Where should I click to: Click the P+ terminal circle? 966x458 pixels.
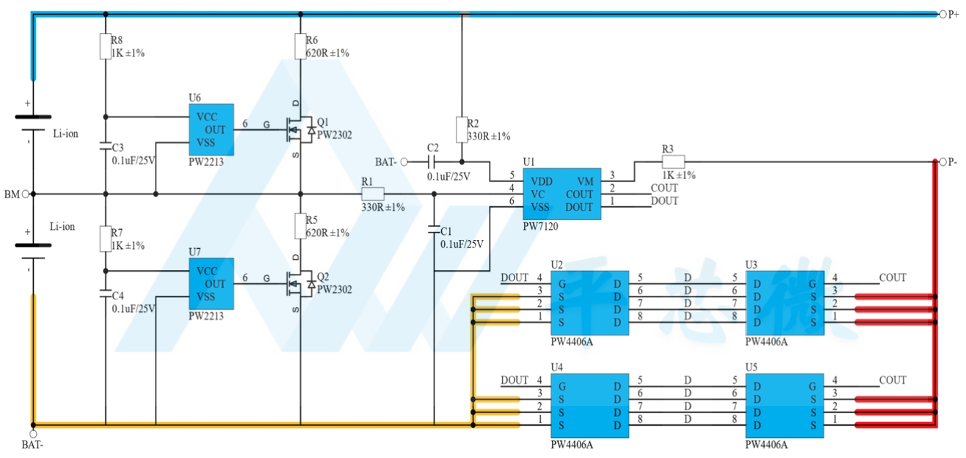click(x=943, y=14)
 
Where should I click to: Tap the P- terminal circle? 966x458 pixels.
click(x=943, y=162)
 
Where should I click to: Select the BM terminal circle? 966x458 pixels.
click(x=26, y=194)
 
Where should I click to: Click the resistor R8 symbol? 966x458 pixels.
click(x=105, y=46)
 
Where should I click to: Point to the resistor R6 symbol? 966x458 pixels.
click(x=300, y=46)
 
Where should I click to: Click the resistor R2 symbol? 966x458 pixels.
click(x=462, y=129)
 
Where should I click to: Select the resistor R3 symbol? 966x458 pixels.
click(x=673, y=161)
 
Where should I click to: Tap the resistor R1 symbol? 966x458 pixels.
click(x=373, y=194)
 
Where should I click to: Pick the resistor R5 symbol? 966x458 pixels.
click(x=300, y=226)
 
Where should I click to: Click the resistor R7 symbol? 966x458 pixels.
click(x=105, y=239)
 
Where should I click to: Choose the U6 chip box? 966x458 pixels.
click(x=211, y=130)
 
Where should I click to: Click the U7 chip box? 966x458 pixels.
click(x=211, y=284)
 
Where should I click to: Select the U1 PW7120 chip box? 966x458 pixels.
click(x=562, y=194)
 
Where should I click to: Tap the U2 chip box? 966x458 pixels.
click(x=590, y=303)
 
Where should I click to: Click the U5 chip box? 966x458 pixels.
click(x=785, y=406)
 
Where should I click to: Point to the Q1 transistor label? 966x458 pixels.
click(x=322, y=122)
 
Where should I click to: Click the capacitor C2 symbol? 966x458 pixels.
click(x=432, y=162)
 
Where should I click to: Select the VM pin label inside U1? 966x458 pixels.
click(x=585, y=181)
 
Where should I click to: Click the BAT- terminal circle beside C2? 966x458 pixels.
click(x=404, y=162)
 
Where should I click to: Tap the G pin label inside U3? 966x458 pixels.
click(x=813, y=284)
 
